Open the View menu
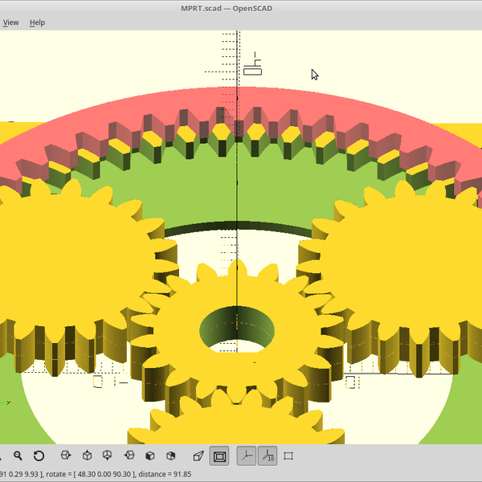(x=10, y=22)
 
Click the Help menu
(x=37, y=22)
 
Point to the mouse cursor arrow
(x=314, y=74)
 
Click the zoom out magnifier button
(x=18, y=456)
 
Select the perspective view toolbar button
(x=198, y=456)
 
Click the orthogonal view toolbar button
(x=219, y=456)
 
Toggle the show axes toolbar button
(x=246, y=456)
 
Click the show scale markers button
(x=268, y=456)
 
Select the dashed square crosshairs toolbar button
(x=289, y=456)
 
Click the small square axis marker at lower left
(x=98, y=382)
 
